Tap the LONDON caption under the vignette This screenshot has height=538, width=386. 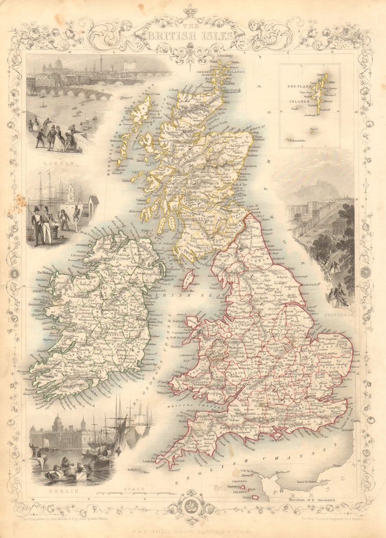(x=58, y=163)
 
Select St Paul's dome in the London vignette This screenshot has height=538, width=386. (x=58, y=64)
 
